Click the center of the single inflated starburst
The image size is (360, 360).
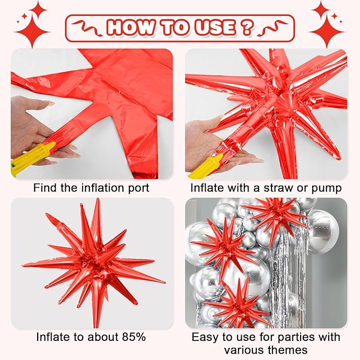pos(94,262)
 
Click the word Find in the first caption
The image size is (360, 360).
pos(44,188)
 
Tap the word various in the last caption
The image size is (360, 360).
pos(244,349)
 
